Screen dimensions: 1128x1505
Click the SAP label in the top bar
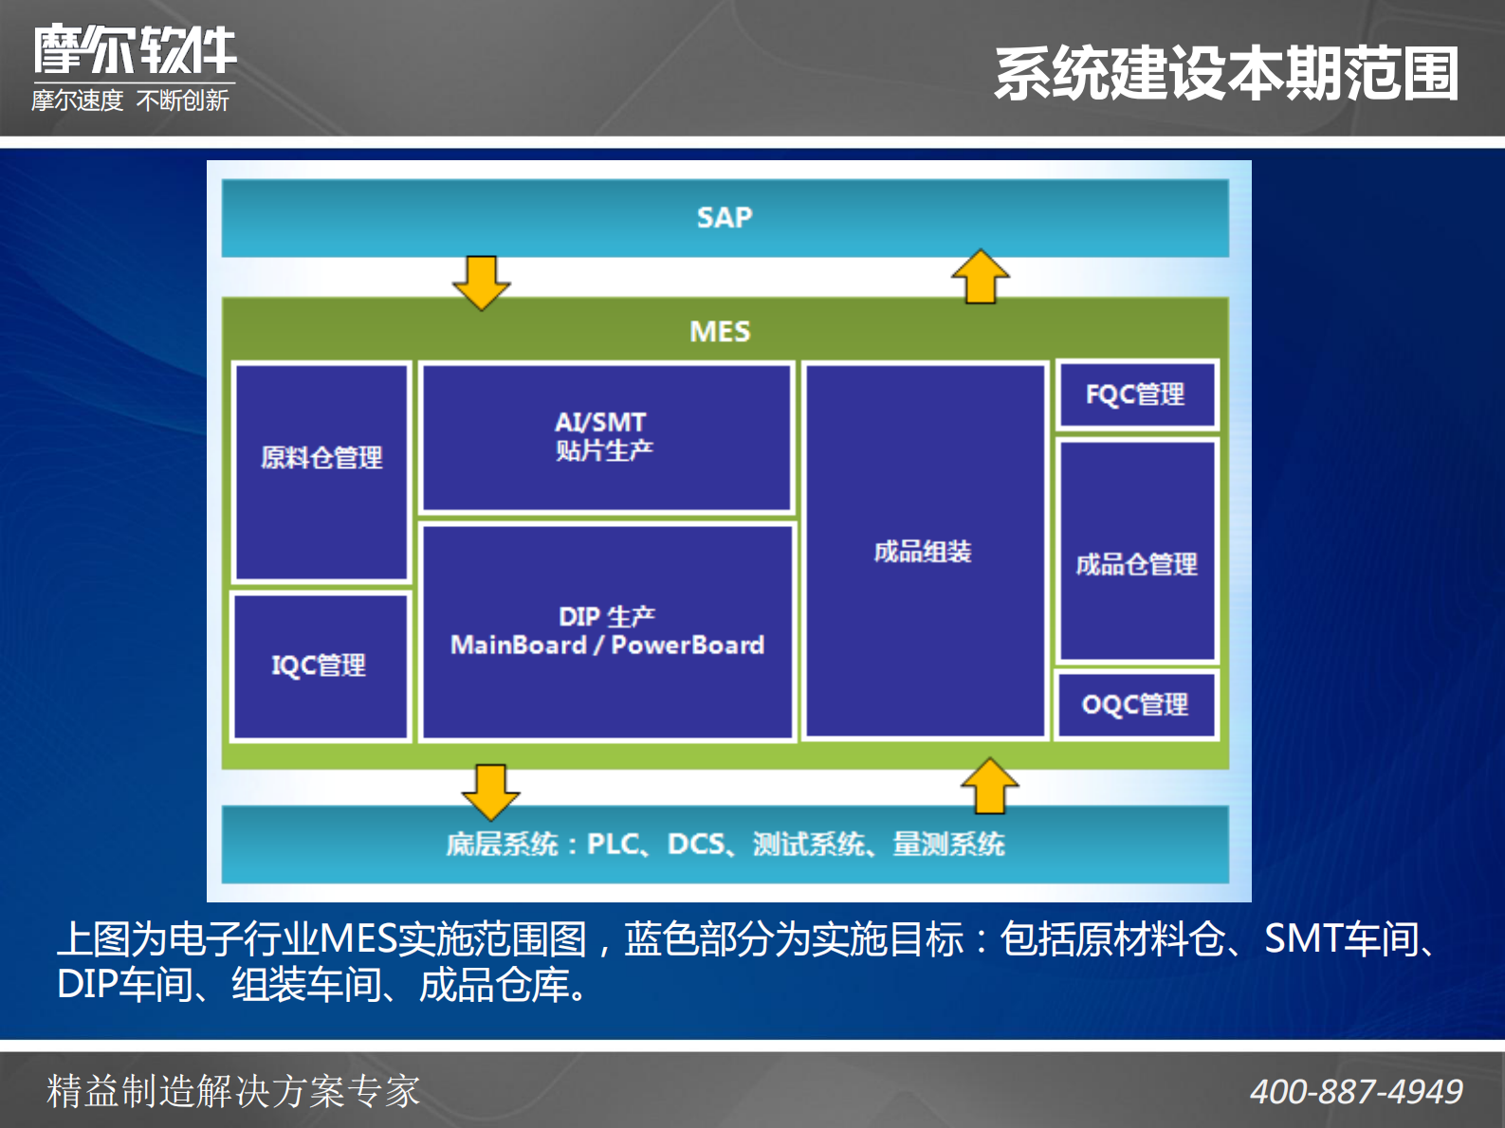click(725, 217)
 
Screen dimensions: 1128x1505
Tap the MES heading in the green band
click(720, 332)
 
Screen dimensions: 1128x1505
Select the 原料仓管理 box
click(321, 471)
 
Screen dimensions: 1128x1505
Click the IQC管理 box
click(321, 665)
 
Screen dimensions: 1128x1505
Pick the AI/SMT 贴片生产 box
click(606, 437)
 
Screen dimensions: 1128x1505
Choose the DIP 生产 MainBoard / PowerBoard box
click(607, 631)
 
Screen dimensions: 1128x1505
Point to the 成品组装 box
click(924, 551)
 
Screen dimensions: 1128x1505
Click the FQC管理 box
click(1136, 394)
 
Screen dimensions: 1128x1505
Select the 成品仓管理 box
click(1136, 552)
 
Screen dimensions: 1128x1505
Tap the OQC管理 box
click(1136, 704)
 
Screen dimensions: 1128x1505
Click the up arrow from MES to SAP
click(980, 277)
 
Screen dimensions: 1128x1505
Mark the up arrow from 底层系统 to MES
click(989, 786)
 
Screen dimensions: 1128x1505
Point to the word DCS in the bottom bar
click(696, 844)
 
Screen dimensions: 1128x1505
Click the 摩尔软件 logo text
click(135, 49)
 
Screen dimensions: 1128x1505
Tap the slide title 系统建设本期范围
click(1226, 74)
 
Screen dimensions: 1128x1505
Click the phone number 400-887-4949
click(1356, 1092)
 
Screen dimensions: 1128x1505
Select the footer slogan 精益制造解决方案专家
click(233, 1091)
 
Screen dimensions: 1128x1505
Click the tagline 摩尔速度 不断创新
click(130, 100)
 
